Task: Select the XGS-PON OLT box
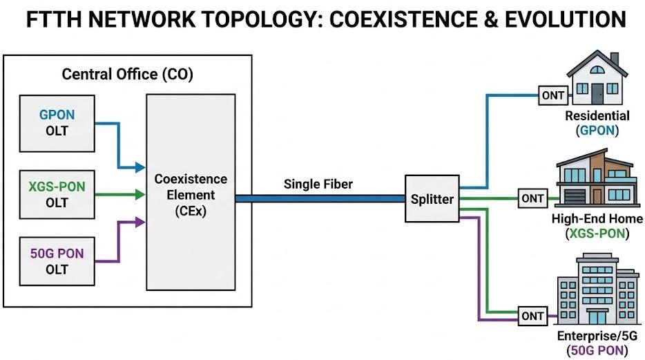pyautogui.click(x=57, y=194)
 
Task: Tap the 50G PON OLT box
pyautogui.click(x=57, y=261)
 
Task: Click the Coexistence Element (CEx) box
pyautogui.click(x=190, y=194)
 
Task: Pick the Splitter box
pyautogui.click(x=432, y=199)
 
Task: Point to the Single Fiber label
pyautogui.click(x=318, y=184)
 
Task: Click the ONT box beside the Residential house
pyautogui.click(x=553, y=95)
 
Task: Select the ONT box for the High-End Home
pyautogui.click(x=532, y=199)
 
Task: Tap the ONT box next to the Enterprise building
pyautogui.click(x=532, y=316)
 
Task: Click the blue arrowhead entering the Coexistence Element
pyautogui.click(x=141, y=167)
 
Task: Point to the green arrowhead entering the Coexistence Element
pyautogui.click(x=141, y=195)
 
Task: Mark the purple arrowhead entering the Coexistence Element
pyautogui.click(x=141, y=222)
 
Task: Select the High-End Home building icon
pyautogui.click(x=597, y=181)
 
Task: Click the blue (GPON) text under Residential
pyautogui.click(x=597, y=129)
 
